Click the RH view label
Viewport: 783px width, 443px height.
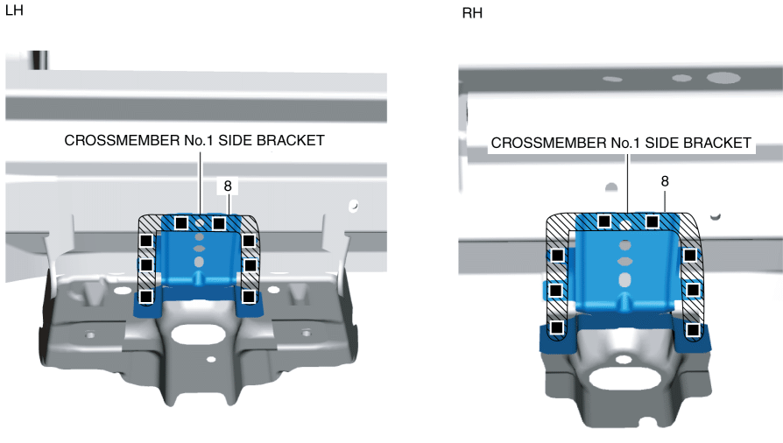(x=471, y=14)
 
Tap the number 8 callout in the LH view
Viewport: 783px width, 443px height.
(x=228, y=186)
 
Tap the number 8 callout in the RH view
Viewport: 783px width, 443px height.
(x=665, y=181)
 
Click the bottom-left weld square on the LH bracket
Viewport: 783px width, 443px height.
(x=146, y=296)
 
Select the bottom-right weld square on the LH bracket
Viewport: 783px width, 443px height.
(x=249, y=296)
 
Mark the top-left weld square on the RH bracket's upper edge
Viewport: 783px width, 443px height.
(x=603, y=221)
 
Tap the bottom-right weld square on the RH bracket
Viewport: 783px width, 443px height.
(x=693, y=329)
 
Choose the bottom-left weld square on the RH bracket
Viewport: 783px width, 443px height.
(x=555, y=327)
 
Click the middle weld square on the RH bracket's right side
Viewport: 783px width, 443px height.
(x=694, y=289)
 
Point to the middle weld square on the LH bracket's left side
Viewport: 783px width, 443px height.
(x=146, y=264)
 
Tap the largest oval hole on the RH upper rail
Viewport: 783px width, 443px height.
(x=723, y=78)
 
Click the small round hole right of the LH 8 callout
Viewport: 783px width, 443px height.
(x=353, y=207)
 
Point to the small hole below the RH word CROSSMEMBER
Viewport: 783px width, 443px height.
(x=610, y=186)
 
